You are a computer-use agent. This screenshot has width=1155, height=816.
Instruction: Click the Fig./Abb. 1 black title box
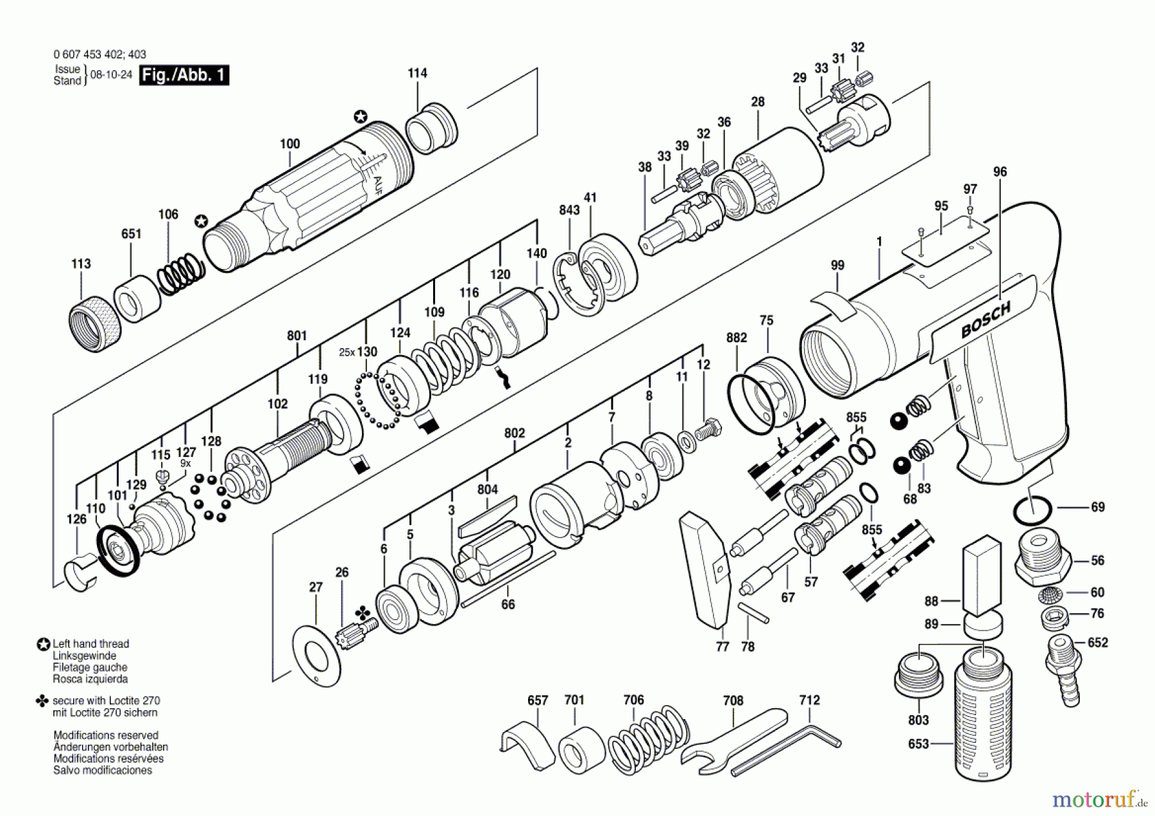[x=184, y=75]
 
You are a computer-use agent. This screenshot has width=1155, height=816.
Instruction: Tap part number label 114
[x=417, y=73]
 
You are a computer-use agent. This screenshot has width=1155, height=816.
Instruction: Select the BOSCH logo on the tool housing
[x=985, y=319]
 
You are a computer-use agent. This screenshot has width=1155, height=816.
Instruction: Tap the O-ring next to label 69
[x=1032, y=510]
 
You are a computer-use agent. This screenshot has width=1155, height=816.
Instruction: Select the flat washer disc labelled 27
[x=316, y=654]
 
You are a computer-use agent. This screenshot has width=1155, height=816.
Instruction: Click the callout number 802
[x=515, y=433]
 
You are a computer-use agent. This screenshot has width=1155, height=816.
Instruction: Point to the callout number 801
[x=297, y=336]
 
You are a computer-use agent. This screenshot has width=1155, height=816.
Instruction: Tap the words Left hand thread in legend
[x=90, y=643]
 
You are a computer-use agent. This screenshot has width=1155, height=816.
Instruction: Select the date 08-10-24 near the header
[x=111, y=74]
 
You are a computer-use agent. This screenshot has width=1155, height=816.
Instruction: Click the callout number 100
[x=290, y=144]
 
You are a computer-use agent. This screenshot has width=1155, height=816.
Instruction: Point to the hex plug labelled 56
[x=1043, y=559]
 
